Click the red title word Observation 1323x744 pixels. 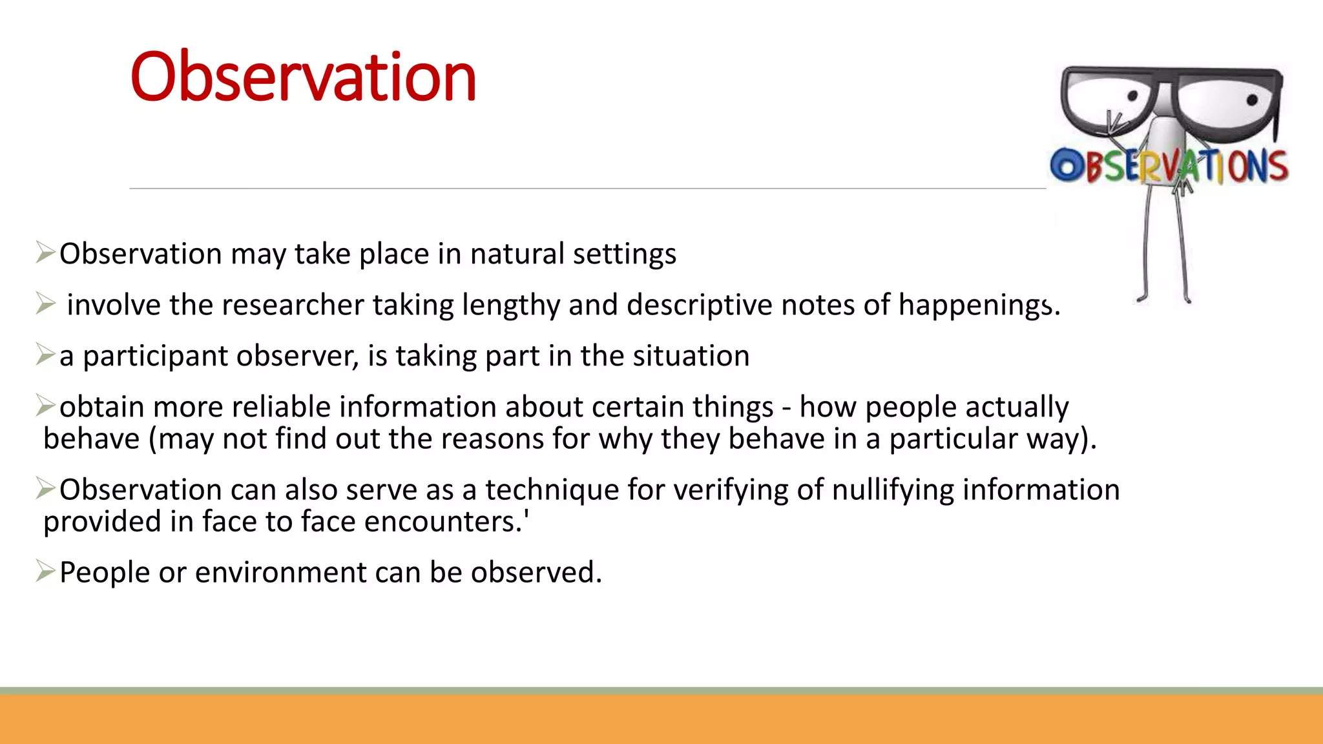click(302, 77)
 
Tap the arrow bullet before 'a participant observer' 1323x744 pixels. click(45, 355)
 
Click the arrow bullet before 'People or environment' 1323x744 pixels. click(45, 571)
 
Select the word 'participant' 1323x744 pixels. click(155, 356)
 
